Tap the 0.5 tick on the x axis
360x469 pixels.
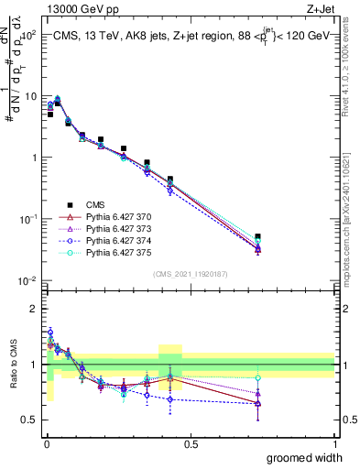pyautogui.click(x=191, y=443)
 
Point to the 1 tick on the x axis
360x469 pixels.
pyautogui.click(x=333, y=443)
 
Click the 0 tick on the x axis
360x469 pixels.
pyautogui.click(x=47, y=443)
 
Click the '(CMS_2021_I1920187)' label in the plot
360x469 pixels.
pyautogui.click(x=190, y=274)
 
